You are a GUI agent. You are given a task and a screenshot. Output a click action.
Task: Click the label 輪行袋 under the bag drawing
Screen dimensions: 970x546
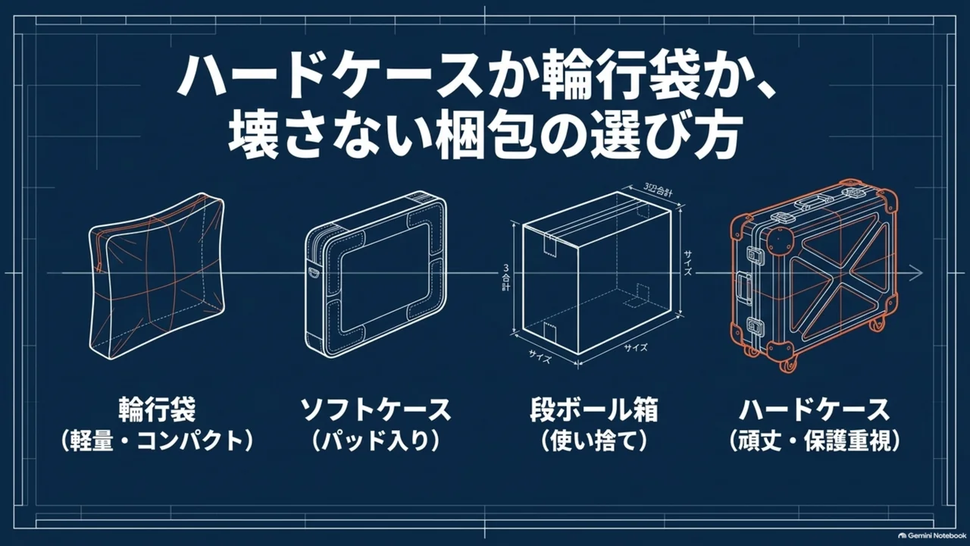point(157,409)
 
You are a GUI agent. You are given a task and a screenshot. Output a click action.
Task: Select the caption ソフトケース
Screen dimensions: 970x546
point(375,409)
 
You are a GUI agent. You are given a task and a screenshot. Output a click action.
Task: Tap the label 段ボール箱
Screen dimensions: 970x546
point(593,409)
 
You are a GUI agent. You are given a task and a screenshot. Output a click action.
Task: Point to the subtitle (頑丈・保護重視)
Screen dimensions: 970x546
point(814,441)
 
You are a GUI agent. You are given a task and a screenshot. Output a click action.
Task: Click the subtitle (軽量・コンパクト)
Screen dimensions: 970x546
point(157,441)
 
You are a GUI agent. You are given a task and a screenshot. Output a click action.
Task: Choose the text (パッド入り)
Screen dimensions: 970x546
point(375,441)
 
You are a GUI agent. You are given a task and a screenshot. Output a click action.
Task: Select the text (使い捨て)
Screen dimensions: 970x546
point(593,441)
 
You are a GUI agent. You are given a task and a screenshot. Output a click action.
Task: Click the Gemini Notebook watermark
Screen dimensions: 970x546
point(931,535)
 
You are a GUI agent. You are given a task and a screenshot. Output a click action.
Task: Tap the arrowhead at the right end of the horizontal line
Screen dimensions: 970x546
point(917,272)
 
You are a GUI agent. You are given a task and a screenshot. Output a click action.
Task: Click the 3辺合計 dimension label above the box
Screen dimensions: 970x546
point(658,190)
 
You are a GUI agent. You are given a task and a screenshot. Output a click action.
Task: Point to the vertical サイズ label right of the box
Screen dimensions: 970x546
point(687,262)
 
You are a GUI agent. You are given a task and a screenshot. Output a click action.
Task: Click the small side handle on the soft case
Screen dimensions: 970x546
point(313,271)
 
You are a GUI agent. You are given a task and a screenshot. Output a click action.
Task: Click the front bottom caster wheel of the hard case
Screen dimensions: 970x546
point(788,365)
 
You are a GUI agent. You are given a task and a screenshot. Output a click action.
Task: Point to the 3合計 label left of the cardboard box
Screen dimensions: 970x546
point(505,278)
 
